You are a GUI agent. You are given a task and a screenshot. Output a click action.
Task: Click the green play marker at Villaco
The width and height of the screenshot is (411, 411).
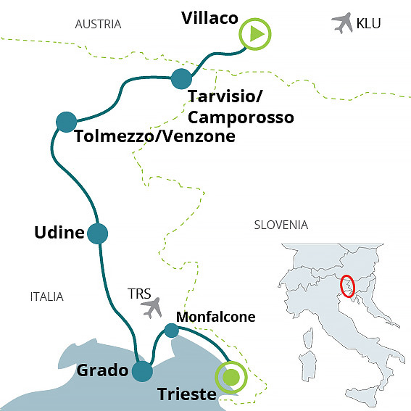point(256,34)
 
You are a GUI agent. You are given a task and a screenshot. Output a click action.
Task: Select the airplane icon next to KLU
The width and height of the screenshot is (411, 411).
point(341,23)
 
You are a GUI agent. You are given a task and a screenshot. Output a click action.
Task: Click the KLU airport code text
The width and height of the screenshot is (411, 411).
point(368,24)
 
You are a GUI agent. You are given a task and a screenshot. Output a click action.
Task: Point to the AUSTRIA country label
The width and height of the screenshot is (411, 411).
point(98,25)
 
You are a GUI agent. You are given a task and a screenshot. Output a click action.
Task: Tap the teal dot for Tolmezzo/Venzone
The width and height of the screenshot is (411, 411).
point(66,121)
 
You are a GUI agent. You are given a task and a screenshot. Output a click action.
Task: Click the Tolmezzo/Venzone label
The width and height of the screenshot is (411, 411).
point(155,136)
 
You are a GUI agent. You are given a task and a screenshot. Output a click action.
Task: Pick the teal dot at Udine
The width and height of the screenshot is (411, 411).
point(97,233)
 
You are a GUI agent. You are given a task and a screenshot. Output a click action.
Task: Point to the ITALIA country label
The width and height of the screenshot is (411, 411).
point(46,296)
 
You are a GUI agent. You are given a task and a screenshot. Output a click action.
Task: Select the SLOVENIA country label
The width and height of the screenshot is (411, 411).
point(281,225)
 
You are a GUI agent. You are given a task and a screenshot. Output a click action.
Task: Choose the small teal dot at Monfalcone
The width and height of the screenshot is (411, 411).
point(171,331)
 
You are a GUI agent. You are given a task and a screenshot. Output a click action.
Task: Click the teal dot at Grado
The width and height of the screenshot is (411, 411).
point(142,371)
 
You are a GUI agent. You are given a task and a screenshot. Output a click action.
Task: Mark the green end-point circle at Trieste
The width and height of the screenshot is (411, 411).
point(231,376)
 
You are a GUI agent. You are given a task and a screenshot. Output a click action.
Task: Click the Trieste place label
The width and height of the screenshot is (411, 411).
point(187,395)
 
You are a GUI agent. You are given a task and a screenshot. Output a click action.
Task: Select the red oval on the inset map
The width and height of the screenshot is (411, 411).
point(348,286)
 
